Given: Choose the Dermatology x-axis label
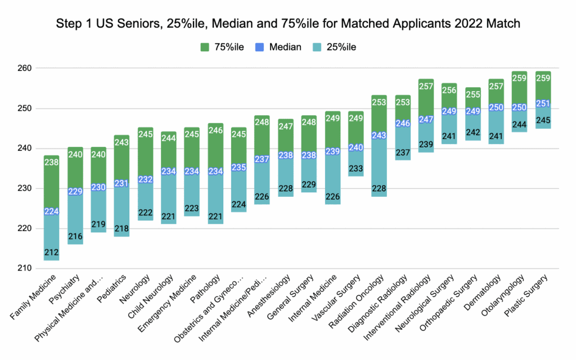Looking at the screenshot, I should coord(481,290).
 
